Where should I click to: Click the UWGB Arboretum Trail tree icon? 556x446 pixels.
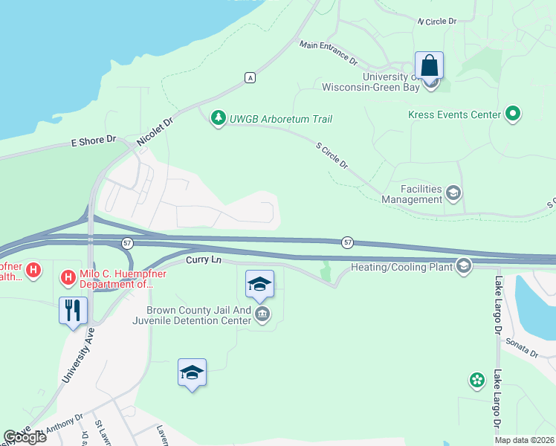click(x=218, y=118)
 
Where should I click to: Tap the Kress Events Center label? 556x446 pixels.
click(x=453, y=115)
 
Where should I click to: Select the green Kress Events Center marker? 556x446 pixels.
click(x=512, y=114)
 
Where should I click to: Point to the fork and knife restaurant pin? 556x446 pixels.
click(x=73, y=310)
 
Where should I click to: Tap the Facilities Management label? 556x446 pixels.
click(x=411, y=194)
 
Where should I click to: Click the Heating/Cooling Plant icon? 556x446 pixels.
click(x=464, y=266)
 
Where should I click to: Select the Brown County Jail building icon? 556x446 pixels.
click(x=262, y=314)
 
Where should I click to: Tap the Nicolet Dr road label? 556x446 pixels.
click(x=155, y=132)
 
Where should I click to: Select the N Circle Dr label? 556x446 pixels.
click(x=436, y=22)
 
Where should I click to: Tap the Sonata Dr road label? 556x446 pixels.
click(x=521, y=343)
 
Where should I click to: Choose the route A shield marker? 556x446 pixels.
click(x=251, y=77)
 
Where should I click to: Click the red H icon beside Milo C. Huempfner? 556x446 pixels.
click(x=68, y=278)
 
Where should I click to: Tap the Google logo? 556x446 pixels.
click(x=25, y=437)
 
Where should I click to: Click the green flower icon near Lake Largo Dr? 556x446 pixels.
click(x=476, y=381)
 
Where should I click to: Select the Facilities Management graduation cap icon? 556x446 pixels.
click(x=453, y=194)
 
